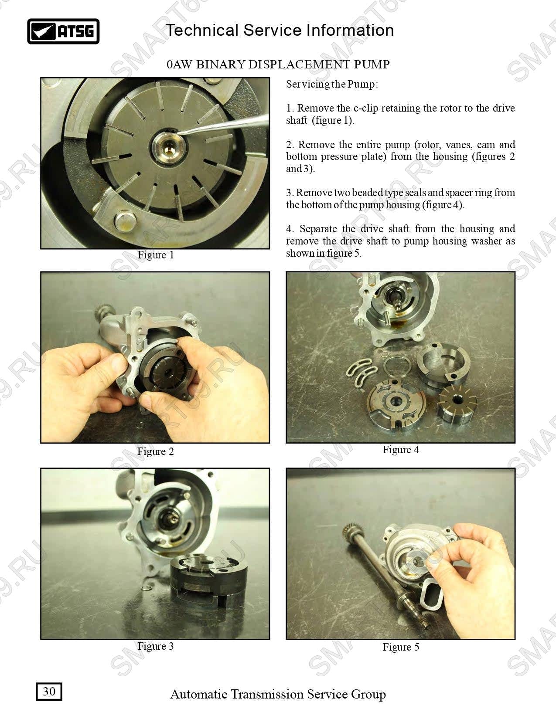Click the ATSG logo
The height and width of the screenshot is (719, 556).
pyautogui.click(x=63, y=31)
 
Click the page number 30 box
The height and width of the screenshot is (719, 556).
pyautogui.click(x=49, y=691)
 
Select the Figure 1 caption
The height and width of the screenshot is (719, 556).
pyautogui.click(x=156, y=255)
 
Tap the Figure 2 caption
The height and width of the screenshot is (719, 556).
pyautogui.click(x=156, y=451)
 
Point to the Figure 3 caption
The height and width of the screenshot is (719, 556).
pyautogui.click(x=156, y=646)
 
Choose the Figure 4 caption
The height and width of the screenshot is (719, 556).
pyautogui.click(x=401, y=450)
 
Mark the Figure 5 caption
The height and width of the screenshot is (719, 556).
pyautogui.click(x=401, y=647)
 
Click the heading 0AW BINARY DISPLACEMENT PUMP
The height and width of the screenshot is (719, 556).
pyautogui.click(x=278, y=64)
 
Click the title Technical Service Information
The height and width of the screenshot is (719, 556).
pyautogui.click(x=280, y=30)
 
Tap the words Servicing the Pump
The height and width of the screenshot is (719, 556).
pyautogui.click(x=331, y=84)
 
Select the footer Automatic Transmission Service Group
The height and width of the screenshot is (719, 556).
pyautogui.click(x=278, y=694)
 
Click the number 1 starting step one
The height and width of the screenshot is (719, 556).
pyautogui.click(x=289, y=108)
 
